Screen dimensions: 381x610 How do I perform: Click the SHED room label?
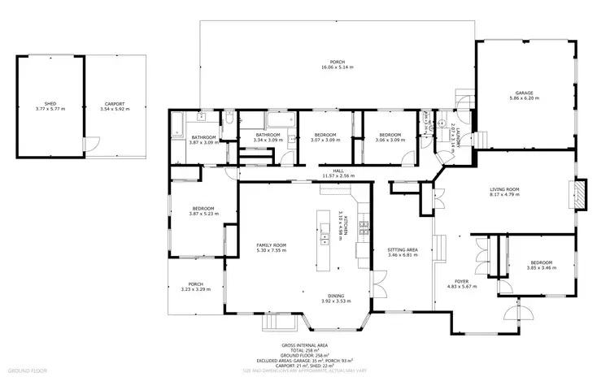[50, 104]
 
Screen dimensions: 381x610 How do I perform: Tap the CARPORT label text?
[114, 104]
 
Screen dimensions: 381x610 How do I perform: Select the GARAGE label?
[524, 93]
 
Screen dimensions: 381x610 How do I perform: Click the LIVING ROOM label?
[504, 189]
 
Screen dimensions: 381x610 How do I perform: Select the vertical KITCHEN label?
[346, 226]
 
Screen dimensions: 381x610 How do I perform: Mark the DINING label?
[335, 295]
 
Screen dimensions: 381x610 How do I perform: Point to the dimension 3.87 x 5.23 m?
[203, 214]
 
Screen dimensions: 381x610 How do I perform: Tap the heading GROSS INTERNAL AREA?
[304, 344]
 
